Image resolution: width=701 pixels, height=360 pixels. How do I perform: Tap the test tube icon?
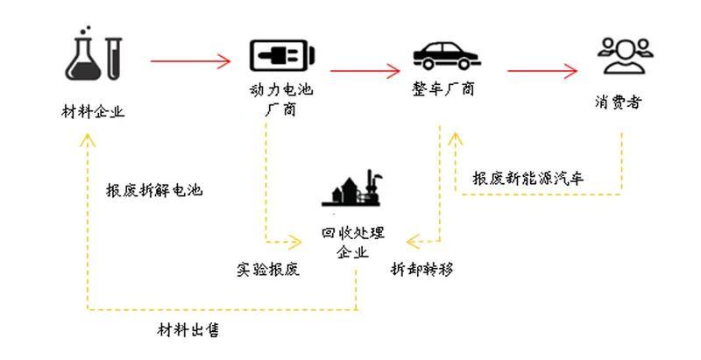click(114, 59)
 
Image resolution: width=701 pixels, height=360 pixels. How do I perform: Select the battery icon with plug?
click(281, 55)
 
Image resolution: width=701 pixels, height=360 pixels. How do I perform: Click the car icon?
click(446, 55)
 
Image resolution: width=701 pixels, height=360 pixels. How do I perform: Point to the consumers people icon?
click(625, 56)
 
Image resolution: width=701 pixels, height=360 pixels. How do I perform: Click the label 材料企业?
click(93, 111)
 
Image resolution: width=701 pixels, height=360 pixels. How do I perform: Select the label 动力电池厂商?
click(281, 100)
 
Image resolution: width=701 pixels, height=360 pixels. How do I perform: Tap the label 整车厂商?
click(443, 89)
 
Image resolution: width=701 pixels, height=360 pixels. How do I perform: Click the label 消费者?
click(618, 102)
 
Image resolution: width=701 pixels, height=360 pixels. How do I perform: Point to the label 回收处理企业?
click(353, 243)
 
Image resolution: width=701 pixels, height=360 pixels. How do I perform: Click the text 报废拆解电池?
click(154, 190)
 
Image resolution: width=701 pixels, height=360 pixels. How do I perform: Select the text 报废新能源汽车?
click(528, 179)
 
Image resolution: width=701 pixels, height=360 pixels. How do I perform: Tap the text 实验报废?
click(268, 269)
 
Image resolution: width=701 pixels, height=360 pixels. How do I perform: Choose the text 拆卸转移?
click(422, 269)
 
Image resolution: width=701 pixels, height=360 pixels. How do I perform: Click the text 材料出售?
click(188, 330)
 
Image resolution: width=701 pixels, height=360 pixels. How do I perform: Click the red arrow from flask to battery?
click(190, 61)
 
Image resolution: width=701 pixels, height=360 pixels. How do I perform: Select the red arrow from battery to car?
click(365, 71)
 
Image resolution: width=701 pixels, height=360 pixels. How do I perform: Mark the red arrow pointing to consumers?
click(542, 71)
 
